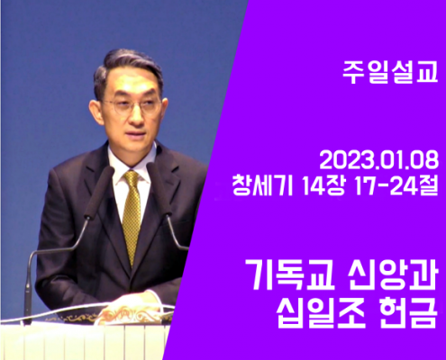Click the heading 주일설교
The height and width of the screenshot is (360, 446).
(x=390, y=73)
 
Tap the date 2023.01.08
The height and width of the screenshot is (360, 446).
(x=379, y=161)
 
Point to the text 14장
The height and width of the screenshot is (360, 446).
(x=323, y=185)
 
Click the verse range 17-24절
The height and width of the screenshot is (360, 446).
(x=396, y=185)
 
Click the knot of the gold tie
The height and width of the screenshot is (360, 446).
(x=132, y=178)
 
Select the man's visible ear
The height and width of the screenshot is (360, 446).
(x=96, y=112)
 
